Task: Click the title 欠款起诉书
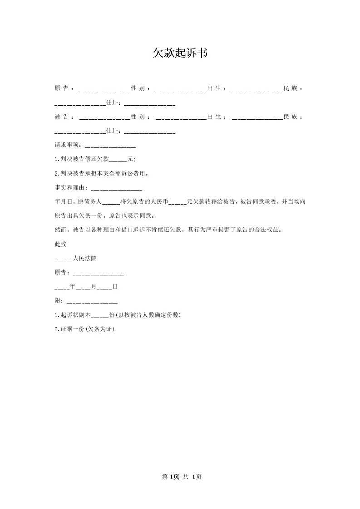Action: pyautogui.click(x=180, y=53)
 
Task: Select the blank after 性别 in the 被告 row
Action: pyautogui.click(x=181, y=117)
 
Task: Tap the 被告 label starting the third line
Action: pyautogui.click(x=61, y=117)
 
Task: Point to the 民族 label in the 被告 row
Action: pyautogui.click(x=293, y=117)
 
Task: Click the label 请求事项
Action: pyautogui.click(x=67, y=145)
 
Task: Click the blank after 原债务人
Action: pyautogui.click(x=111, y=201)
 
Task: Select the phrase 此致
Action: pyautogui.click(x=60, y=244)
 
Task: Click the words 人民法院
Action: pyautogui.click(x=84, y=258)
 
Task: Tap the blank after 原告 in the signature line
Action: pyautogui.click(x=98, y=273)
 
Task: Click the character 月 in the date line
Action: pyautogui.click(x=94, y=287)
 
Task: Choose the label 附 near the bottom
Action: pyautogui.click(x=57, y=301)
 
